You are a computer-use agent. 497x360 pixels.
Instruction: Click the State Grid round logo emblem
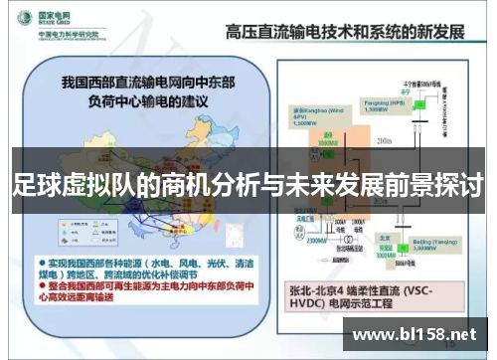(x=23, y=20)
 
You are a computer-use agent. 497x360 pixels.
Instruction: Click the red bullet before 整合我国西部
(x=41, y=283)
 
